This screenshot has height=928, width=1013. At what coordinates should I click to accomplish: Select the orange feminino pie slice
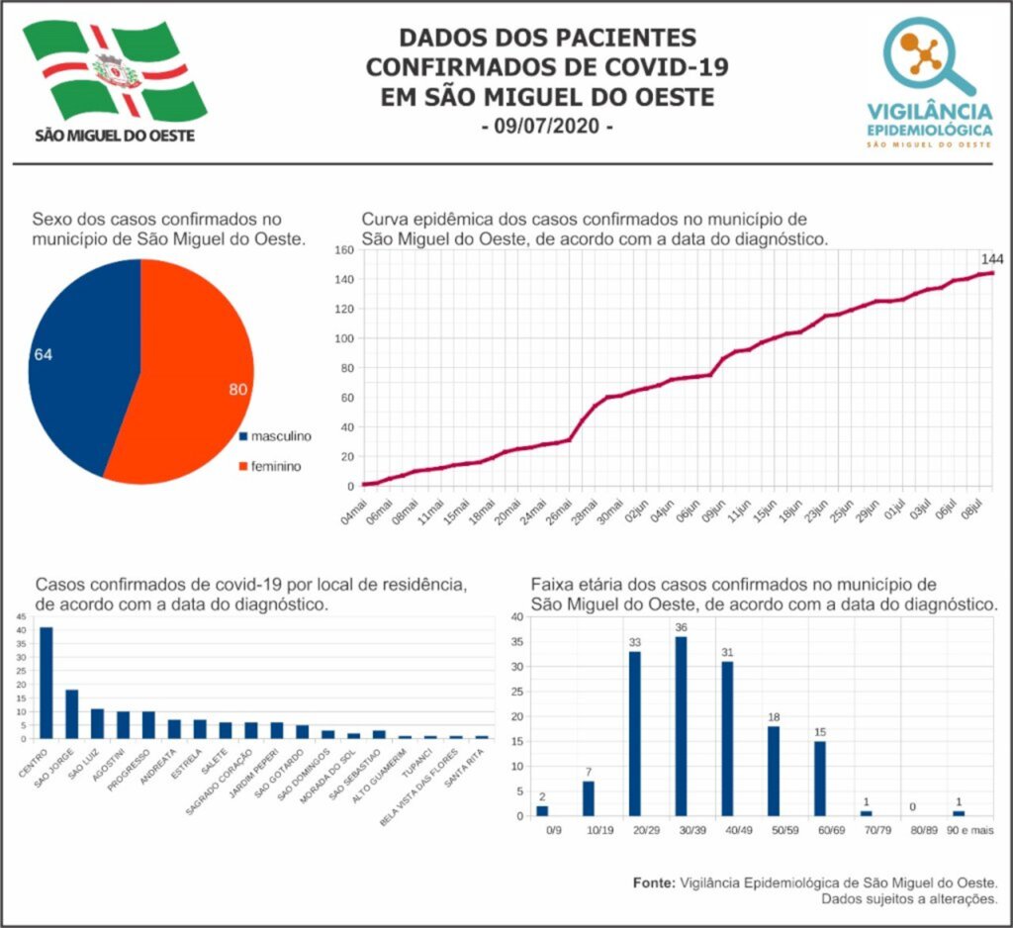pos(193,376)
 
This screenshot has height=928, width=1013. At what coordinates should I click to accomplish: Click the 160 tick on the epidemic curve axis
pos(343,250)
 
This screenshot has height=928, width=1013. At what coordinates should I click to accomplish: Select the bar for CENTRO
pos(46,683)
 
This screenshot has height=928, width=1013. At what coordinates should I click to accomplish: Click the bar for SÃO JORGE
pos(72,713)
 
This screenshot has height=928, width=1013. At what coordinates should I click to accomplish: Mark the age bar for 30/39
pos(681,725)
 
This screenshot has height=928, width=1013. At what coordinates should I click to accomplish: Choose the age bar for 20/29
pos(635,733)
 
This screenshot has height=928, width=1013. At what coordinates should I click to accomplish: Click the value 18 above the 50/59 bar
pos(774,716)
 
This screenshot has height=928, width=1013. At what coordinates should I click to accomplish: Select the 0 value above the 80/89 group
pos(911,805)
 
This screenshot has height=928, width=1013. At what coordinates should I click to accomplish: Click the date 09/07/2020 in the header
pos(546,128)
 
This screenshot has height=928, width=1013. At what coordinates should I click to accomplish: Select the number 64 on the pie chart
pos(43,354)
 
